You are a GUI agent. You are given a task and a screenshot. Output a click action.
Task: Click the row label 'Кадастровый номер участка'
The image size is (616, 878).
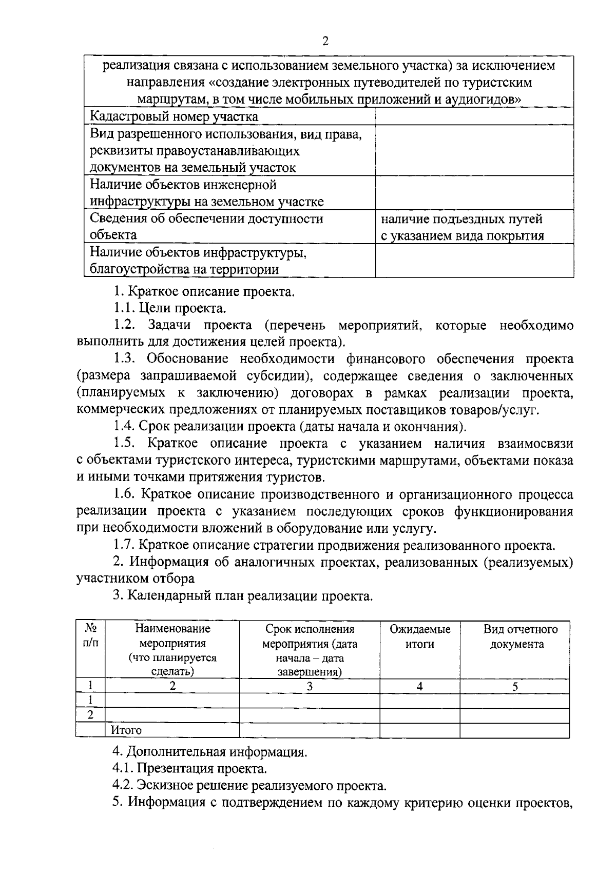click(x=174, y=117)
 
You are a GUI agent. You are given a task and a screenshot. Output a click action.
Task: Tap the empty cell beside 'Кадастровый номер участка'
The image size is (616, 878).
click(x=474, y=117)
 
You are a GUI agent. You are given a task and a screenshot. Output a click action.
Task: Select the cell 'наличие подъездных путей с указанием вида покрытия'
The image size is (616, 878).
click(x=462, y=227)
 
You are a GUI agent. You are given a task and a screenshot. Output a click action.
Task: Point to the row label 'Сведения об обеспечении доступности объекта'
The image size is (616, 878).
click(x=206, y=227)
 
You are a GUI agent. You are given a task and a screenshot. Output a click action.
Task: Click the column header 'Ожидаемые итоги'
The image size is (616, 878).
click(x=420, y=636)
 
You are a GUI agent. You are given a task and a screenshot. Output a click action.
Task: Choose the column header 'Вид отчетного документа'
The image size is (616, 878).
click(x=516, y=636)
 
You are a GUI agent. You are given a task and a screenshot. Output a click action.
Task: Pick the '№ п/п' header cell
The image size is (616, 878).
click(x=91, y=636)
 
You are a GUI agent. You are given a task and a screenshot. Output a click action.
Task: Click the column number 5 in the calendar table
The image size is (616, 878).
click(x=515, y=686)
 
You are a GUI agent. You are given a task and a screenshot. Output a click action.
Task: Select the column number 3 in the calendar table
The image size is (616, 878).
click(x=310, y=686)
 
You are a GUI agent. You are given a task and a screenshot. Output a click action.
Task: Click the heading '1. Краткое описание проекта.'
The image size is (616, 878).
click(x=204, y=292)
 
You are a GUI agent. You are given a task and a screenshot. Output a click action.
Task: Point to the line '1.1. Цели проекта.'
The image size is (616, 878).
click(x=169, y=308)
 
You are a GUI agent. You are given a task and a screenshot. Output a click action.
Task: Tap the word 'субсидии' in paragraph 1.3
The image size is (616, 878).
click(x=274, y=376)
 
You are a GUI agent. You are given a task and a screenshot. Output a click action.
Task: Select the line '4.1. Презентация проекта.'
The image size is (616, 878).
click(x=189, y=769)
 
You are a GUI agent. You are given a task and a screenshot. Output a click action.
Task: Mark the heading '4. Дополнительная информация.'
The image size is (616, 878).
click(x=209, y=752)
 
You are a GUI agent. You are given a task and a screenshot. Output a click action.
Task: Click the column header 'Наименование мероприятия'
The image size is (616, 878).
click(x=172, y=636)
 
